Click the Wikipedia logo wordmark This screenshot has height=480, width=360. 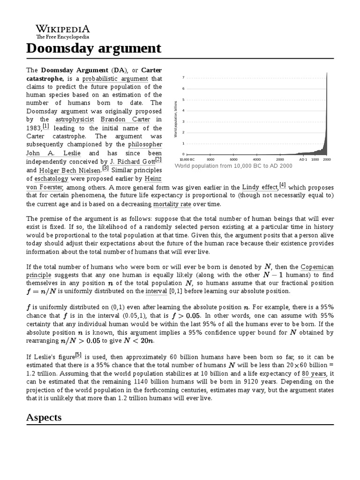(x=63, y=29)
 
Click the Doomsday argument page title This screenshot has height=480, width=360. (x=94, y=48)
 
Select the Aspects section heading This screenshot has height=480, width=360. (x=44, y=417)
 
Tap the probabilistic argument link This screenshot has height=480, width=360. (x=115, y=79)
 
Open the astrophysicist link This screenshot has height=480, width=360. (x=75, y=119)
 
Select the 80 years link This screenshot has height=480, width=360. (x=314, y=374)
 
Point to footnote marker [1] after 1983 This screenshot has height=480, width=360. (x=45, y=126)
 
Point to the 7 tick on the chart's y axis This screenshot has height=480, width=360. (x=183, y=77)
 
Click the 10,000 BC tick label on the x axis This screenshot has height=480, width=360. (x=187, y=159)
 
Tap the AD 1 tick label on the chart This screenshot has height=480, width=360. (x=303, y=159)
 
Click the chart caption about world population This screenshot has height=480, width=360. (x=233, y=166)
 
